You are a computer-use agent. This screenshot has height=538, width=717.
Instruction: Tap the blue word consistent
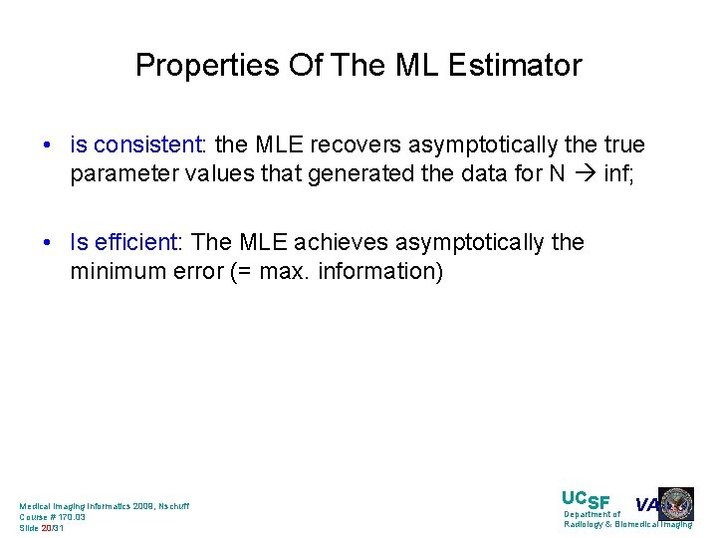pos(147,145)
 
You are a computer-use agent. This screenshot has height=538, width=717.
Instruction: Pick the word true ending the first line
pos(623,145)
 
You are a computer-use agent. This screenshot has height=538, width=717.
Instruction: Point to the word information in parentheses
pos(379,272)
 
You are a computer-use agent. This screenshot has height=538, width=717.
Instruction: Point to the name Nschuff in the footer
pos(170,506)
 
